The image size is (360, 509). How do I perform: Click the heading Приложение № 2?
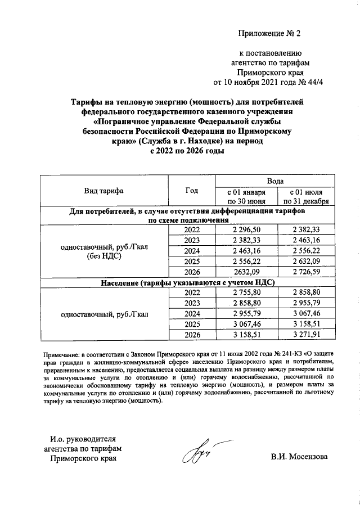[269, 33]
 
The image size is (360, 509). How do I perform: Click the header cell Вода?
[274, 181]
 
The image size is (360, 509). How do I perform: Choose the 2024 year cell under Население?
[192, 314]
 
